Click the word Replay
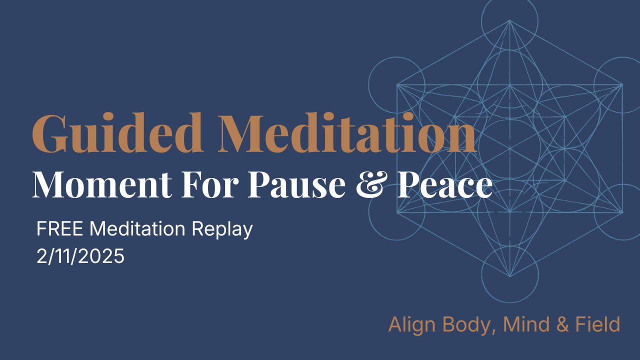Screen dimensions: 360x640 pyautogui.click(x=222, y=229)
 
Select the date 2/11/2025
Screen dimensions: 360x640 pyautogui.click(x=80, y=256)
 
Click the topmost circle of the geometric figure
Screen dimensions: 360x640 pyautogui.click(x=509, y=20)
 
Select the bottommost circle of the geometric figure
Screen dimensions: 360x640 pyautogui.click(x=509, y=274)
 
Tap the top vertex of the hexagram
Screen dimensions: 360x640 pyautogui.click(x=509, y=20)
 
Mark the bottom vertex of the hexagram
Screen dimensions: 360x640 pyautogui.click(x=509, y=276)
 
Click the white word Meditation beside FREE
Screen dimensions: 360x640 pyautogui.click(x=138, y=229)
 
